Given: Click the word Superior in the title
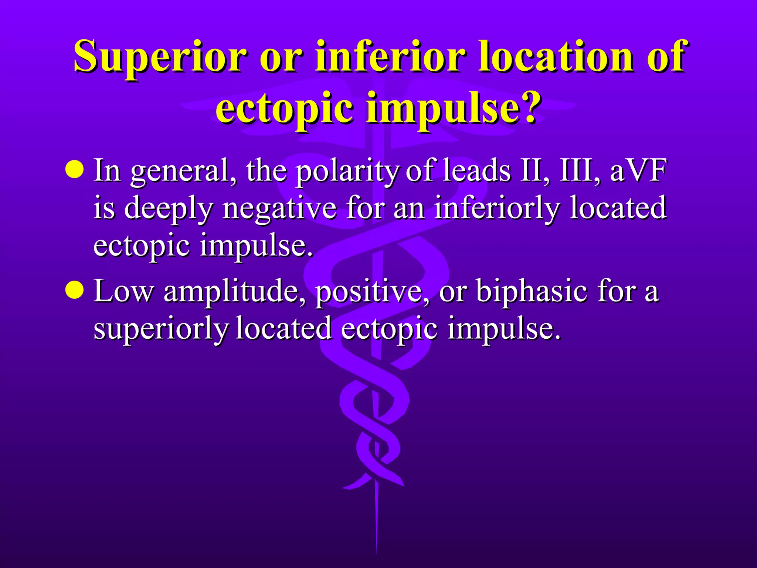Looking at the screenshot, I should (x=160, y=57).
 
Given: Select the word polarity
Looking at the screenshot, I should (x=347, y=171).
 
